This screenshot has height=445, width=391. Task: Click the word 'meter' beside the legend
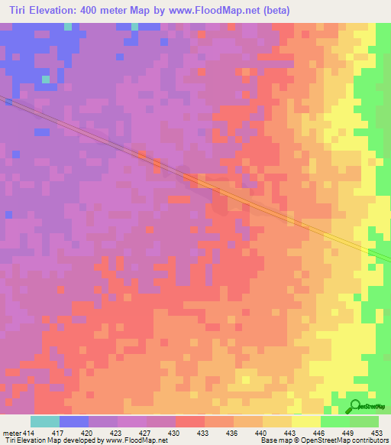coord(11,432)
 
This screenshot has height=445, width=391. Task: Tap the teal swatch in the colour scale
coord(45,421)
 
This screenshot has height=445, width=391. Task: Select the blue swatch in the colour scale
coord(74,421)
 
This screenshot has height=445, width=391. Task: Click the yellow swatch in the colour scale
coord(306,421)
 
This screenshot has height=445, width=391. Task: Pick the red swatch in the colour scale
coord(190,421)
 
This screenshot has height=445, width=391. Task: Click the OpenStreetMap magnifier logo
coord(354,406)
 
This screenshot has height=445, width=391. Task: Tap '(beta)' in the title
coord(273,9)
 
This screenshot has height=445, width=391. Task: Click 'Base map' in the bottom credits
coord(276,440)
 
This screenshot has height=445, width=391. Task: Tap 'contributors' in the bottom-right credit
coord(367,440)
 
